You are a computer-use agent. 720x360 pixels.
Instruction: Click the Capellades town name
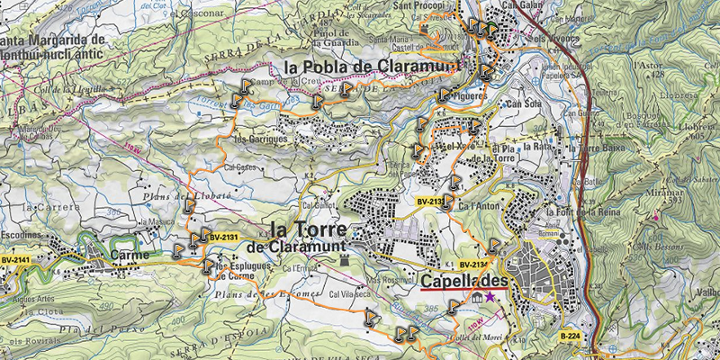[463, 282]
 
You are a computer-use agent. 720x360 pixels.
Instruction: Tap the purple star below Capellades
[490, 296]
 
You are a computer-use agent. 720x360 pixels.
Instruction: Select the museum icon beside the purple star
[474, 296]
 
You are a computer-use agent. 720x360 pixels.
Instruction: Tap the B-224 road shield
[569, 336]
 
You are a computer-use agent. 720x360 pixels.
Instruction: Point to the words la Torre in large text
[308, 228]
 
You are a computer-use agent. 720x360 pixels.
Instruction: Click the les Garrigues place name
[260, 139]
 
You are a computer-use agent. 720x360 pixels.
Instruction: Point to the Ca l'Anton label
[477, 208]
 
